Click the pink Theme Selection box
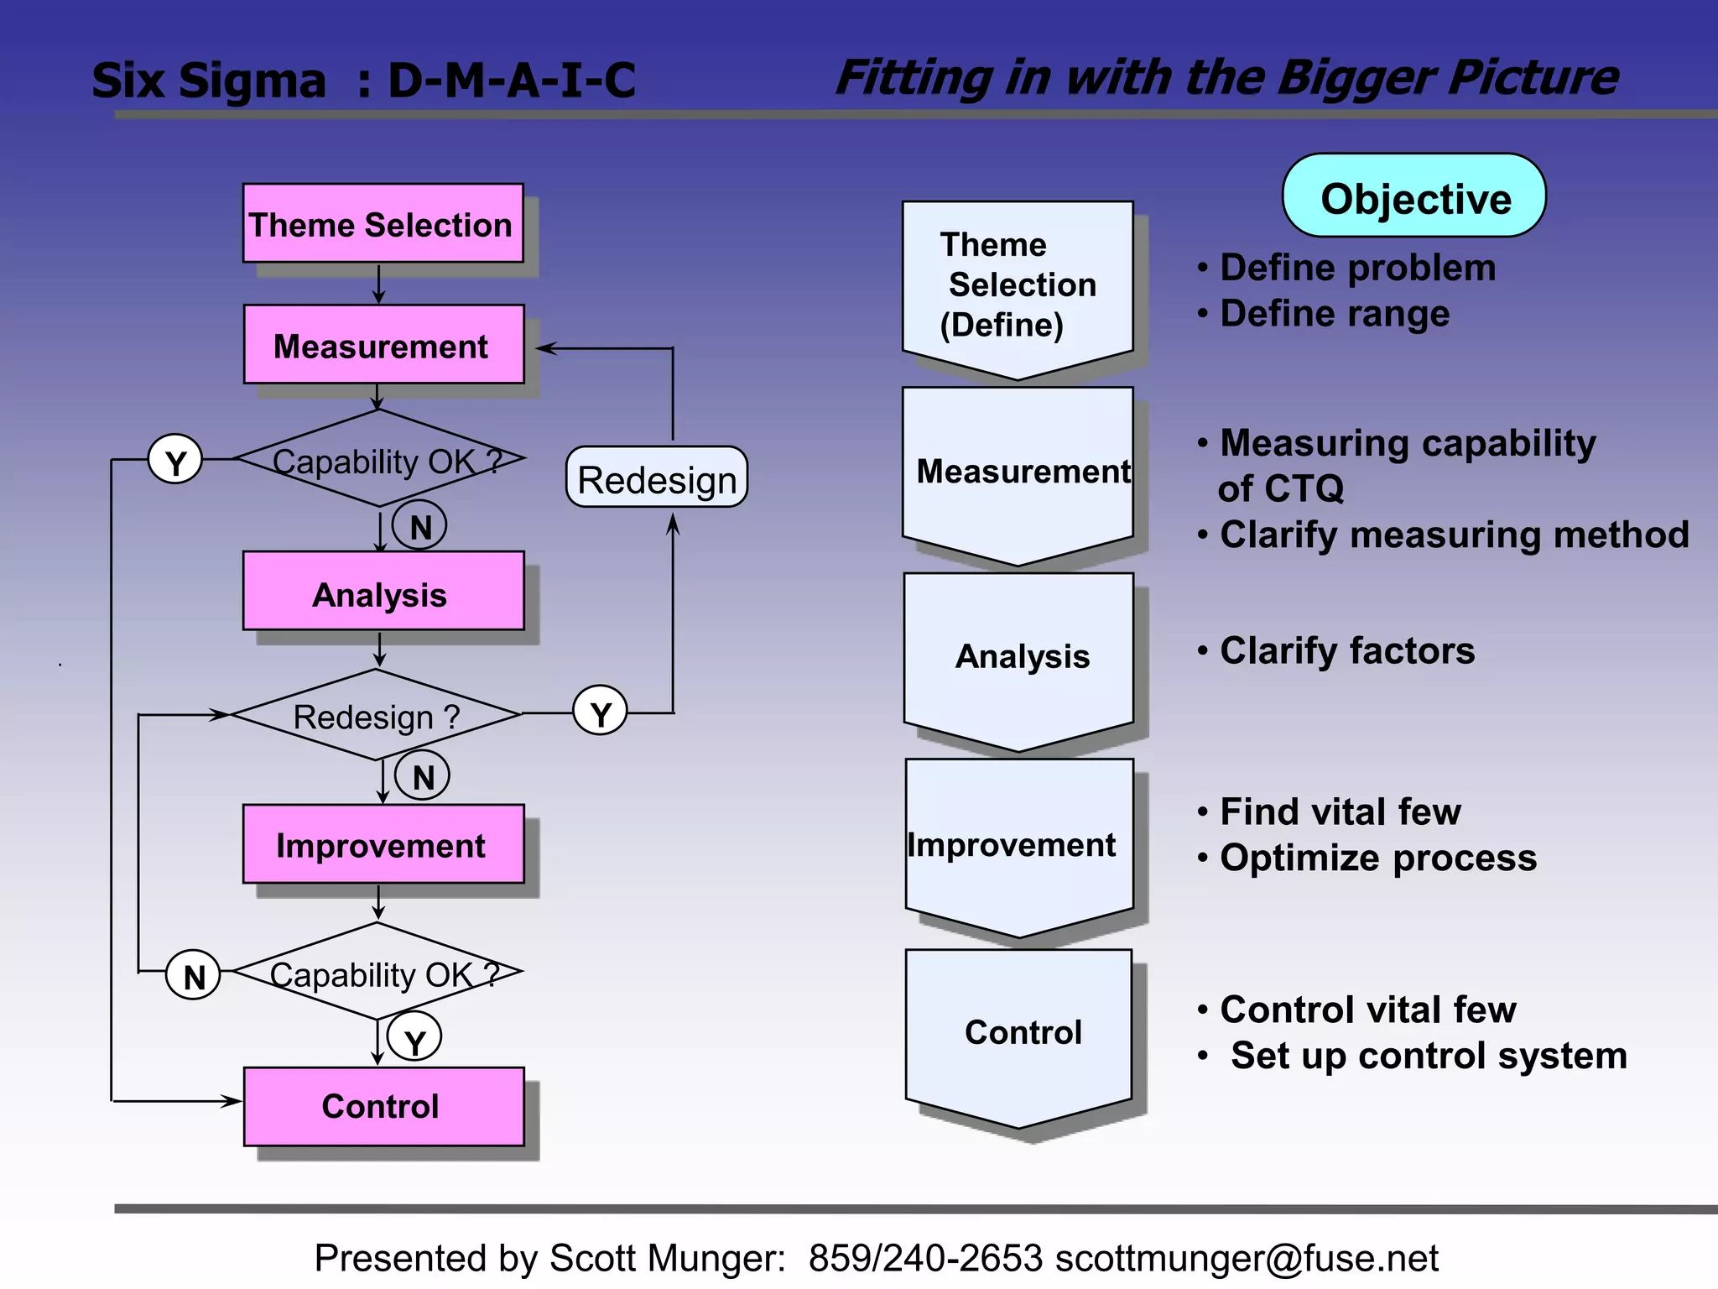[x=383, y=223]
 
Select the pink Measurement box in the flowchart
[x=383, y=344]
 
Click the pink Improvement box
[x=383, y=844]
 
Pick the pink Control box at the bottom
[x=383, y=1106]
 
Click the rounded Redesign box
[x=657, y=478]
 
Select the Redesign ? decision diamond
[x=376, y=716]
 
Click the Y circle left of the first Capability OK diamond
[x=175, y=460]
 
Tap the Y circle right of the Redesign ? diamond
[x=600, y=712]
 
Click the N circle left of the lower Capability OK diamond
[x=194, y=975]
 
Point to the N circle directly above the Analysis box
[x=419, y=526]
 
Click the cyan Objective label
[x=1414, y=196]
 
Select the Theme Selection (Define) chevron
[x=1018, y=285]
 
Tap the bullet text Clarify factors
[x=1346, y=650]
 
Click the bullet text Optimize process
[x=1377, y=858]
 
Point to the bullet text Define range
[x=1334, y=314]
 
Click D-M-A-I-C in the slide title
[x=512, y=81]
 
